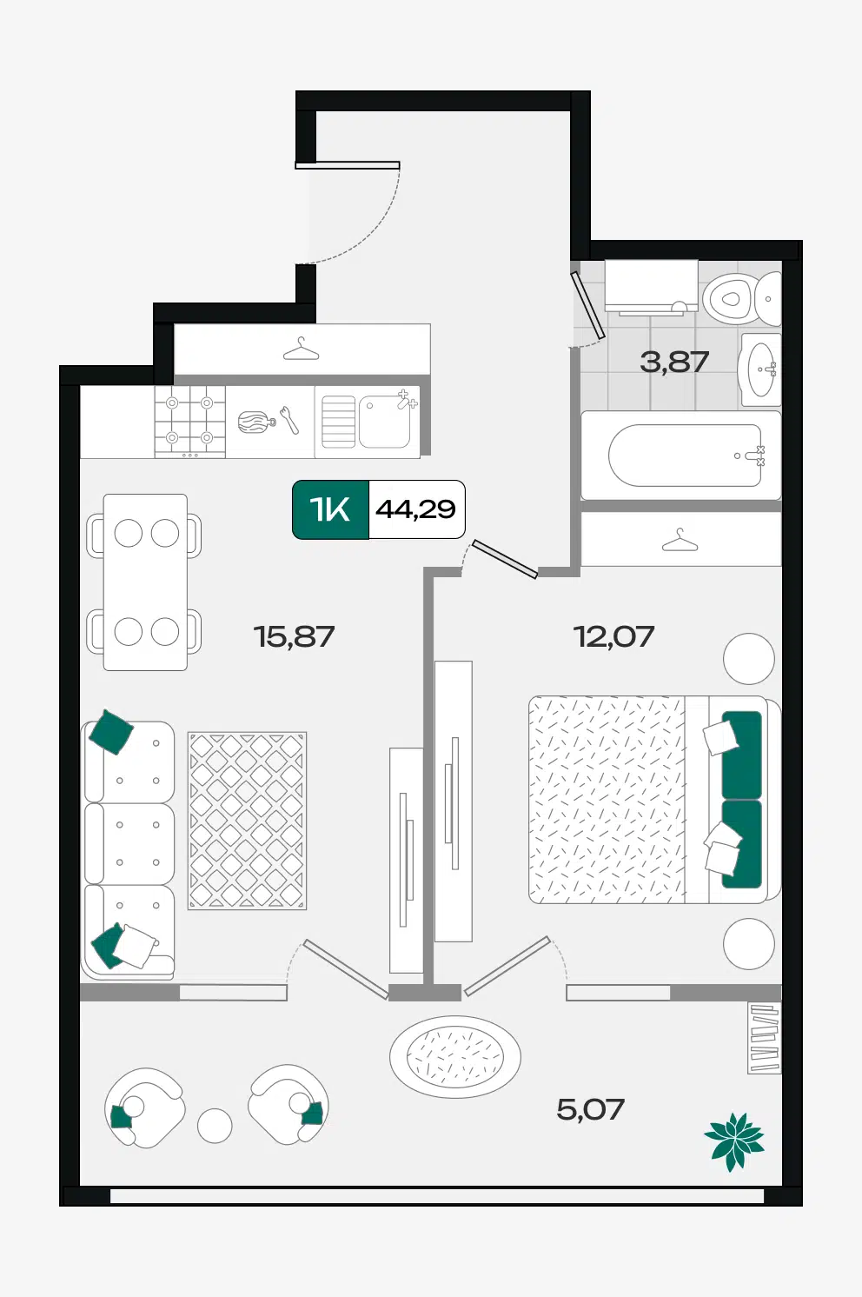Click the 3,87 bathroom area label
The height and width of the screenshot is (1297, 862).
[x=674, y=362]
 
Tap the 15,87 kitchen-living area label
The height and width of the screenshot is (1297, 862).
[x=294, y=636]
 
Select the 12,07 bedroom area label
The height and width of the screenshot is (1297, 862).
[x=613, y=636]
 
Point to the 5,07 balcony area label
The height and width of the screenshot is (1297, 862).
[x=591, y=1109]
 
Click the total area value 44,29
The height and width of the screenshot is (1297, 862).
[x=415, y=509]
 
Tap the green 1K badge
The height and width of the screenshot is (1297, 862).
[x=330, y=509]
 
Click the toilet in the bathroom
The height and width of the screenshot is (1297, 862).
[x=742, y=299]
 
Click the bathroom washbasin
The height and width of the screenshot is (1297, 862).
[x=760, y=369]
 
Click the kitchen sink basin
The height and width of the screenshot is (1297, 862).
[x=384, y=421]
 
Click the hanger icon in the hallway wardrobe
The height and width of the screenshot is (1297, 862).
[x=301, y=349]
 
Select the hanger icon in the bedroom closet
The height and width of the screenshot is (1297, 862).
[x=680, y=540]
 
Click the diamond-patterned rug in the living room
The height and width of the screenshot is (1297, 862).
[x=247, y=821]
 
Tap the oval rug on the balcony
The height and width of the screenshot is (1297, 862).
[x=455, y=1057]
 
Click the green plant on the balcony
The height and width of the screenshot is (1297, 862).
[x=734, y=1141]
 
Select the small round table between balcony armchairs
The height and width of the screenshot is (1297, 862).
[x=215, y=1126]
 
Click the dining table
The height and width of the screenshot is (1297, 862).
[x=145, y=582]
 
